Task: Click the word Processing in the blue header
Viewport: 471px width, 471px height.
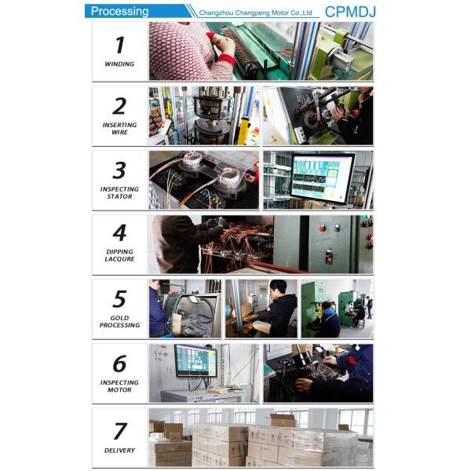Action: coord(119,12)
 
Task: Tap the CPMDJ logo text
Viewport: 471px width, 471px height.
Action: coord(350,12)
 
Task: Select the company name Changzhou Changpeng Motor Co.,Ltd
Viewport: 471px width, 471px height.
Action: coord(255,13)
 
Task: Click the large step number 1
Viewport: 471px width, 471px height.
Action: coord(120,45)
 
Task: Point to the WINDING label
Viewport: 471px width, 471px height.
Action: coord(119,64)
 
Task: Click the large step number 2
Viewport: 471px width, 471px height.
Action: coord(119,106)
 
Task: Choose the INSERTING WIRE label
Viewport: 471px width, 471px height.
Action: coord(119,129)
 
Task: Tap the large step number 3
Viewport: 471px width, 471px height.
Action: coord(119,170)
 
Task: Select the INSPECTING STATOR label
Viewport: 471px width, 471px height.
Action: coord(119,192)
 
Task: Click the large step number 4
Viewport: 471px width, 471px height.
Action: coord(119,233)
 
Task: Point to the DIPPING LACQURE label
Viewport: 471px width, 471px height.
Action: coord(119,255)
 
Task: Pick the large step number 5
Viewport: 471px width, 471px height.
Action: coord(119,299)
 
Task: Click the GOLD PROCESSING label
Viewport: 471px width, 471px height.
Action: coord(119,321)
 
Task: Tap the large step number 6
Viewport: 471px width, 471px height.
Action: coord(119,363)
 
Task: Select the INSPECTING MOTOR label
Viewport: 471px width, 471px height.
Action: coord(119,386)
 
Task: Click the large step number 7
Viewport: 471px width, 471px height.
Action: coord(120,431)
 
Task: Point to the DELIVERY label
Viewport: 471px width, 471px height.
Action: coord(119,451)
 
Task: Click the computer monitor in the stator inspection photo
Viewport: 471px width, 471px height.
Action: coord(322,178)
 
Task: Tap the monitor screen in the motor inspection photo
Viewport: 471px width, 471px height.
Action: coord(196,360)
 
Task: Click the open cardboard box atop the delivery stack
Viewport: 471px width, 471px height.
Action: coord(283,420)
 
